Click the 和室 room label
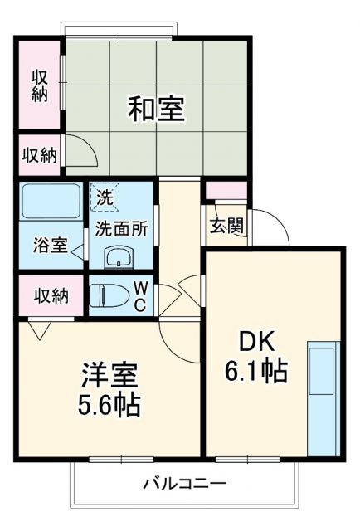tap(155, 109)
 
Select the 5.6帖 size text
tap(109, 405)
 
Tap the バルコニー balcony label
tap(184, 483)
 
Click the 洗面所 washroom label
tap(121, 228)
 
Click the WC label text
tap(141, 295)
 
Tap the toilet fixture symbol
tap(105, 295)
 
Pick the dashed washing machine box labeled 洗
tap(105, 197)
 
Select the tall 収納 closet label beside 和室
tap(40, 85)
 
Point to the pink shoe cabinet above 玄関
tap(226, 191)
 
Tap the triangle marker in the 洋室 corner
tap(36, 329)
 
